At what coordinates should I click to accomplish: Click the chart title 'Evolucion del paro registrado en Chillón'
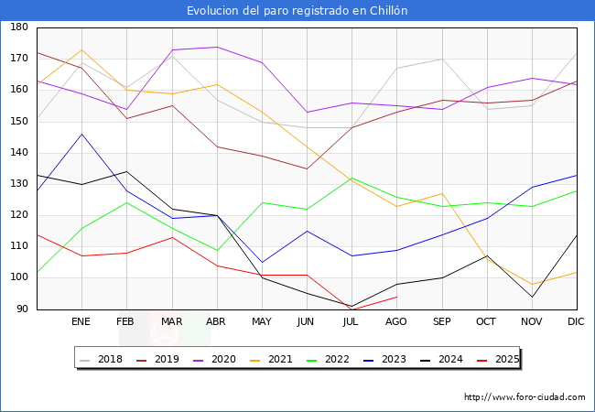pos(297,11)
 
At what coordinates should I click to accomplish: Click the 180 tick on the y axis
pos(18,27)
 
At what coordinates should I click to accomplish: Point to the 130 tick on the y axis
pos(18,184)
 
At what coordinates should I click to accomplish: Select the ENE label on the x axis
pos(81,322)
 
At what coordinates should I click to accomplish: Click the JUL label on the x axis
pos(352,322)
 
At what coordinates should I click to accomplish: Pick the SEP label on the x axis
pos(441,322)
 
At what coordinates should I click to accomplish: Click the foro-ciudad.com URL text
pos(525,397)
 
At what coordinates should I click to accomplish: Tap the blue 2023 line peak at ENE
pos(82,134)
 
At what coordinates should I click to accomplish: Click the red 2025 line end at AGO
pos(396,297)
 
